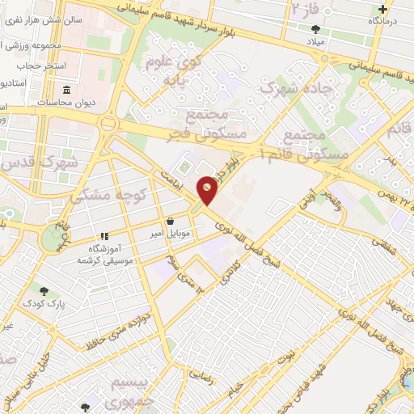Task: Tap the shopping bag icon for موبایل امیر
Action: pyautogui.click(x=170, y=221)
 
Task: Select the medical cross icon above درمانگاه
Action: pyautogui.click(x=382, y=11)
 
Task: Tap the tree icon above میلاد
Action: pyautogui.click(x=315, y=28)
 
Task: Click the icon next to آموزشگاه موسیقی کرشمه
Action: pyautogui.click(x=103, y=235)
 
